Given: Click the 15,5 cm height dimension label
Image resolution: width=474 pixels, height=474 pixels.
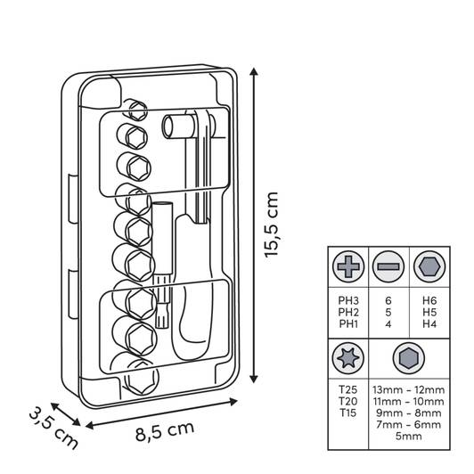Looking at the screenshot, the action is click(271, 225).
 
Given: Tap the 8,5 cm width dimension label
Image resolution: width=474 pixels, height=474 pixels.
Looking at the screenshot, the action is click(165, 430).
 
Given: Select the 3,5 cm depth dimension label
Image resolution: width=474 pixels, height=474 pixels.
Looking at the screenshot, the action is click(53, 428).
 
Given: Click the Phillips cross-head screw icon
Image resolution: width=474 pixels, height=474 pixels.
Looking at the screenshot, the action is click(348, 266).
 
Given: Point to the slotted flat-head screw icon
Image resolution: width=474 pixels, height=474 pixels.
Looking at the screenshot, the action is click(388, 266).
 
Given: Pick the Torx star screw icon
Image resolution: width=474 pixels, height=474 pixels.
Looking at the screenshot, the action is click(348, 358).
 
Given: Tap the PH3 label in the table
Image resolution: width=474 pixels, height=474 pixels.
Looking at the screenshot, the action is click(348, 300).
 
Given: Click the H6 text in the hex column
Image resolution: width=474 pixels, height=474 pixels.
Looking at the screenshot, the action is click(429, 300).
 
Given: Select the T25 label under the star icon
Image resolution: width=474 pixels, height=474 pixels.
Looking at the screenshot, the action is click(348, 389).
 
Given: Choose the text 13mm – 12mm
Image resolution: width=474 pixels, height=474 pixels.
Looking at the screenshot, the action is click(409, 390).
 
